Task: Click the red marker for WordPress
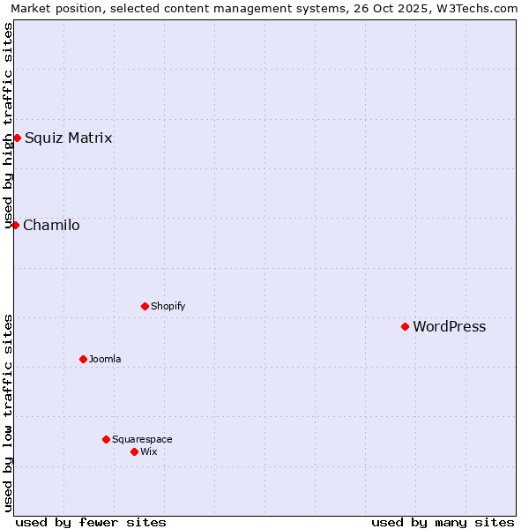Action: [x=405, y=326]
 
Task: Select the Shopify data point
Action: [x=145, y=306]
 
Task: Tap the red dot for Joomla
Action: [x=83, y=359]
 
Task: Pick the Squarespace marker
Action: [x=106, y=439]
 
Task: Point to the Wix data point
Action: [x=134, y=451]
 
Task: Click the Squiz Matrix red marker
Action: [x=17, y=138]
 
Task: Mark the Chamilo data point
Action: [x=15, y=225]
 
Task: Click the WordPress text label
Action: [x=449, y=326]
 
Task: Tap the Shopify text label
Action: [x=168, y=306]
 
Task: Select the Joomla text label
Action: [x=105, y=359]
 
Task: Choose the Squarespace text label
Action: [x=142, y=439]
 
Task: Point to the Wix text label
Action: [x=148, y=451]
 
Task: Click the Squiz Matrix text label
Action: [x=68, y=138]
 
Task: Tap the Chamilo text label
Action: [x=51, y=225]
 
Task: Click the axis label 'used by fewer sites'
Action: [x=91, y=522]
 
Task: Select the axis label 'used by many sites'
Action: [x=443, y=522]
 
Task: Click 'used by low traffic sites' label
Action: [x=8, y=413]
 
